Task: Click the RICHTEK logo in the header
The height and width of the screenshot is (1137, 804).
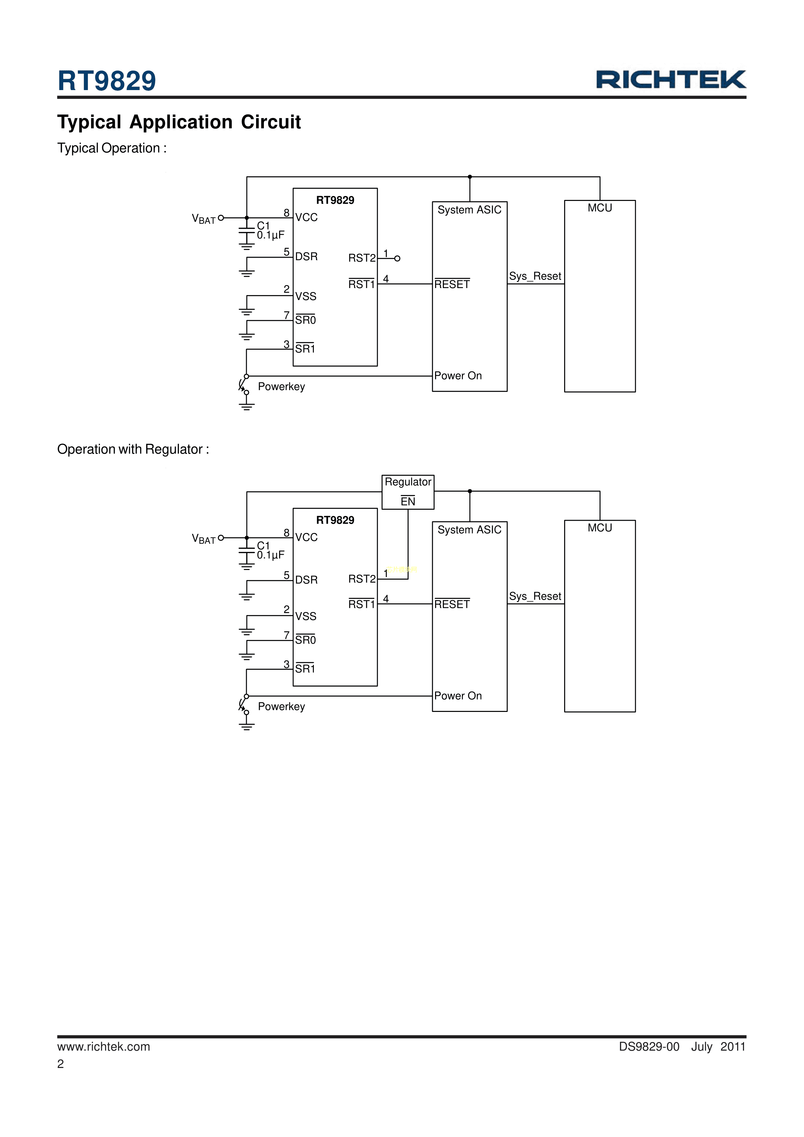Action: click(671, 79)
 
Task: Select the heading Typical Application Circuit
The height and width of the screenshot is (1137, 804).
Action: click(179, 122)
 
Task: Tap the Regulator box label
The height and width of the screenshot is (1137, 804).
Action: click(408, 482)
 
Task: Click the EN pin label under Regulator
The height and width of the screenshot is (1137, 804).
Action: click(408, 502)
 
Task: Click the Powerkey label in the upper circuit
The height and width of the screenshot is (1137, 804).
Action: click(281, 387)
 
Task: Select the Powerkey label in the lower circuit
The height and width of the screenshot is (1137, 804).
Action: click(281, 707)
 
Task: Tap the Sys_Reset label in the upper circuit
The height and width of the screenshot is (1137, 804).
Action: click(535, 276)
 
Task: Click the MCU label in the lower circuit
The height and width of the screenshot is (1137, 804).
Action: click(599, 528)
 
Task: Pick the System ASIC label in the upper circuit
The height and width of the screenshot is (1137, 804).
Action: click(469, 210)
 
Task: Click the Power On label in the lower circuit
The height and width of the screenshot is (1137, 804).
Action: click(458, 696)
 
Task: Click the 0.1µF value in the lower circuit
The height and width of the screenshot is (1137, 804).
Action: click(270, 555)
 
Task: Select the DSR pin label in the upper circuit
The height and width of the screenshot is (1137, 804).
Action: click(306, 257)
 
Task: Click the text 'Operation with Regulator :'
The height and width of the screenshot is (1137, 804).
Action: click(133, 449)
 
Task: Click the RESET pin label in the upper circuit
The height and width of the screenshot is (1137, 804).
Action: click(452, 284)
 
